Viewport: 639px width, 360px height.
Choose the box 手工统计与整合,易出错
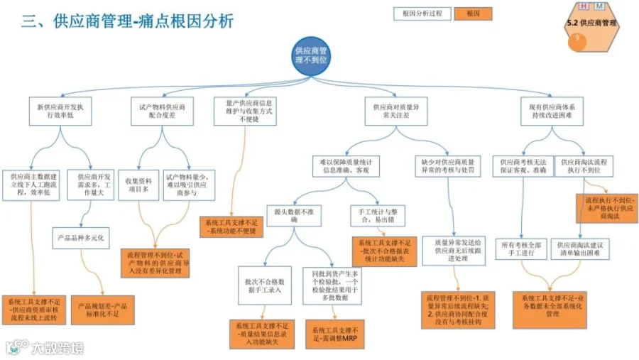pyautogui.click(x=377, y=215)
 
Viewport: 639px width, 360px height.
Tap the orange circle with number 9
pyautogui.click(x=577, y=41)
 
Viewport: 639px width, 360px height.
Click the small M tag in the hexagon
pyautogui.click(x=600, y=6)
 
